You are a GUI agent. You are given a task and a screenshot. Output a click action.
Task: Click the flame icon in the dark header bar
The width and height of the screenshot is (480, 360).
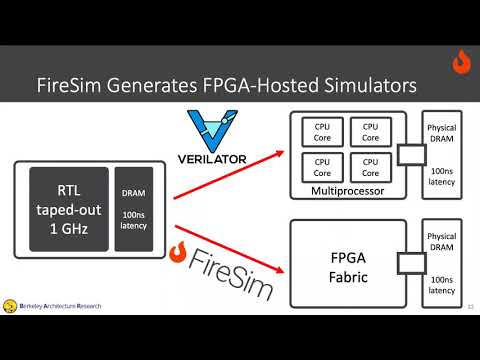click(x=461, y=63)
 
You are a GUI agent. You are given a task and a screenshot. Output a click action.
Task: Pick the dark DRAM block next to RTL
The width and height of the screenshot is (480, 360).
click(x=132, y=213)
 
